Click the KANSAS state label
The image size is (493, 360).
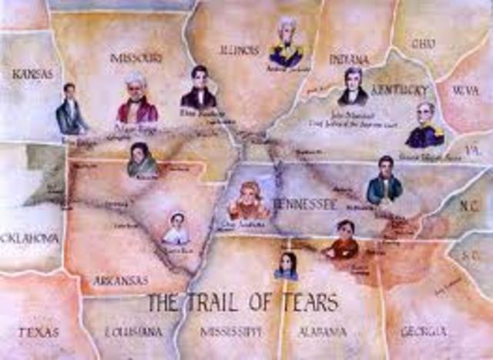coord(32,74)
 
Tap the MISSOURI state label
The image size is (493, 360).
coord(136,57)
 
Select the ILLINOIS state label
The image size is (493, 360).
coord(239,50)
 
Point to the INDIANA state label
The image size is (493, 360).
coord(349,59)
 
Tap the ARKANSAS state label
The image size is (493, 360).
coord(120,281)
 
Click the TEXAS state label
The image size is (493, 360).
coord(38,332)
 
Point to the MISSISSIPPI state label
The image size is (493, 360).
coord(230,331)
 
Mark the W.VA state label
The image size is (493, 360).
coord(465,90)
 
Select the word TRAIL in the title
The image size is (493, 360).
coord(218,302)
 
